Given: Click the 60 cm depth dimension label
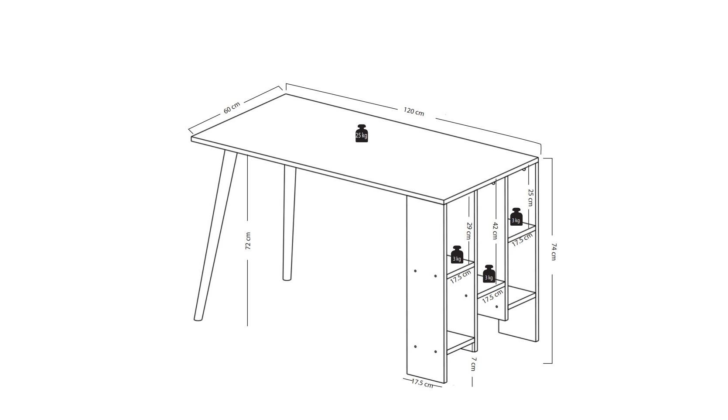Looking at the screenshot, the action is click(x=232, y=108).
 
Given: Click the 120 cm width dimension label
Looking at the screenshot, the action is click(x=414, y=111).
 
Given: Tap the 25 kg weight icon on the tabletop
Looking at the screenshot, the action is click(x=362, y=134).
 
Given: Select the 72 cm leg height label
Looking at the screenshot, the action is click(x=248, y=241).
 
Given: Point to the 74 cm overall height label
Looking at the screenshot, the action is click(x=554, y=251).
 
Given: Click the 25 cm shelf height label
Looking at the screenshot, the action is click(x=530, y=197).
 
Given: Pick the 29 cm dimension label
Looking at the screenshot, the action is click(x=468, y=231).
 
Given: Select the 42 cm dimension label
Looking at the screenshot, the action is click(x=495, y=231).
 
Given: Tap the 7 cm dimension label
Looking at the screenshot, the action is click(x=474, y=364).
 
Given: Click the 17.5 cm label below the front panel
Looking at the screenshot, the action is click(x=422, y=383).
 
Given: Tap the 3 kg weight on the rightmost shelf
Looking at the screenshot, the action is click(x=516, y=217).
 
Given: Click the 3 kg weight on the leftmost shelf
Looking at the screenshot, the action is click(x=457, y=255).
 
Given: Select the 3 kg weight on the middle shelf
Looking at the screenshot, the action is click(x=489, y=274).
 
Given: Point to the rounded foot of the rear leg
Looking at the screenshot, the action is click(x=287, y=278).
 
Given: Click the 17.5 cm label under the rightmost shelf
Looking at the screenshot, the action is click(x=522, y=240).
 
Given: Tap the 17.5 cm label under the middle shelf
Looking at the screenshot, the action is click(x=492, y=296).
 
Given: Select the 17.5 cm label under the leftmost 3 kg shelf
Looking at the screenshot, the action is click(x=461, y=277).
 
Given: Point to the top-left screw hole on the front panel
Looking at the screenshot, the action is click(x=415, y=271).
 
